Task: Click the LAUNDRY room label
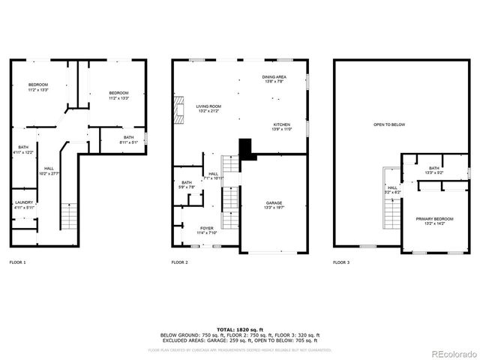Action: click(22, 203)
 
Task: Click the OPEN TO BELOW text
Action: click(389, 125)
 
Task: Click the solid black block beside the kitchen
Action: click(246, 148)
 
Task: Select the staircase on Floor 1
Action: click(69, 217)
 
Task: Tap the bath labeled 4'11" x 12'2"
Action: click(23, 149)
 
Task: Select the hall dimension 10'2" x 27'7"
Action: click(49, 174)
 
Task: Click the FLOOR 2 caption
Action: click(179, 262)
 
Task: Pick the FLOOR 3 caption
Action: click(341, 262)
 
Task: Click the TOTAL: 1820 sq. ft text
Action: click(239, 329)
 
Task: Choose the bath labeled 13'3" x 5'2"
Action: click(434, 170)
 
